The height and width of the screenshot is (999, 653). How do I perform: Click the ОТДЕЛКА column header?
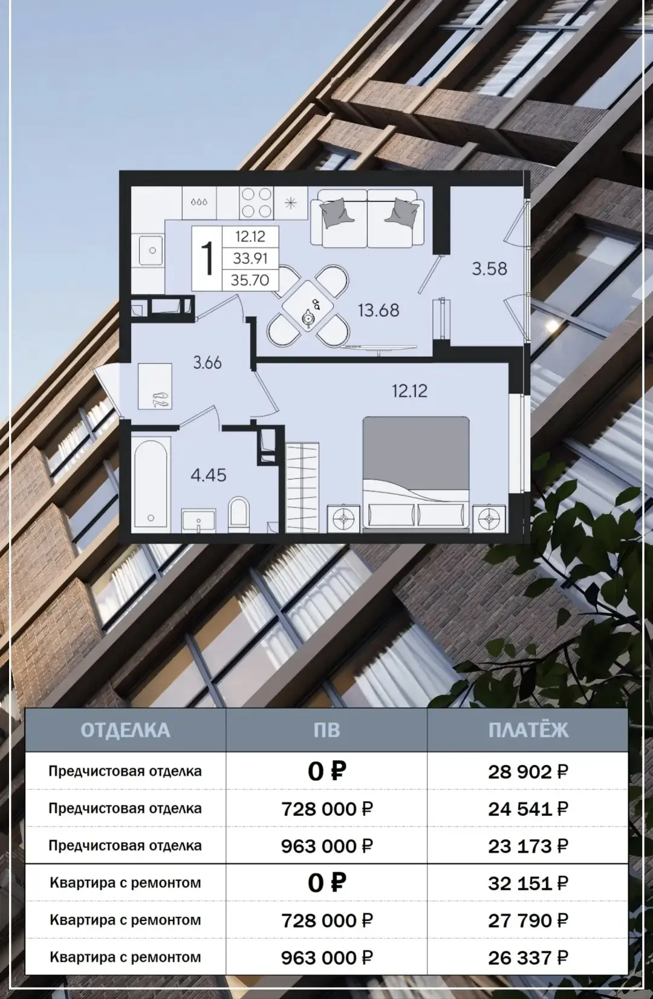point(125,731)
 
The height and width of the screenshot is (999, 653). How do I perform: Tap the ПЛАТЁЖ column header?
point(528,731)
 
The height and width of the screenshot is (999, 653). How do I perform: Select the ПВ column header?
point(326,731)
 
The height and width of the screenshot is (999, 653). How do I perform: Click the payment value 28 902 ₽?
point(528,772)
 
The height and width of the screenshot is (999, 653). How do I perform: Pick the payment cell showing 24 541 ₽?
point(528,809)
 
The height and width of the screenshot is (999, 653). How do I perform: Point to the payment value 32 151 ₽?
point(528,883)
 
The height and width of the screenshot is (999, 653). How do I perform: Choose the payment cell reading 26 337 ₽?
point(528,958)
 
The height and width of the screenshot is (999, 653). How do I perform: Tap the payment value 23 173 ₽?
point(528,846)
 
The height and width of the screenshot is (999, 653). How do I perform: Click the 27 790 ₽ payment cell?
point(528,920)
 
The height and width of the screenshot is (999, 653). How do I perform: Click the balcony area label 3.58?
point(489,269)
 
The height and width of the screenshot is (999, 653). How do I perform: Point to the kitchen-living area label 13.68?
point(378,310)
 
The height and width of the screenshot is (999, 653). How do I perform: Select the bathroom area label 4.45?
point(209,476)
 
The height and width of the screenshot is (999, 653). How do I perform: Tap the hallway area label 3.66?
point(207,363)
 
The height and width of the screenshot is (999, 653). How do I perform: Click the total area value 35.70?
point(250,280)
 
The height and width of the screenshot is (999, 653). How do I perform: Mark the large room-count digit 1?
point(207,258)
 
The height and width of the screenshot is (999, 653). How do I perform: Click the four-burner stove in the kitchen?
point(256,203)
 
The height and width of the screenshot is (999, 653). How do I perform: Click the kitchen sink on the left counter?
point(151,250)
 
